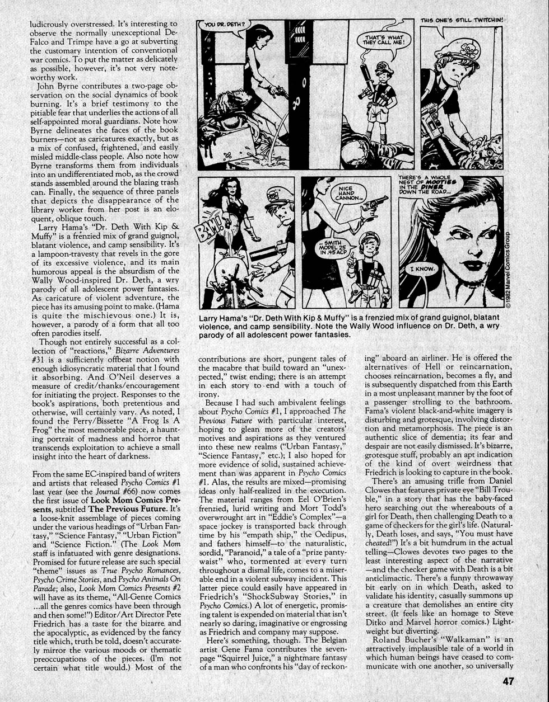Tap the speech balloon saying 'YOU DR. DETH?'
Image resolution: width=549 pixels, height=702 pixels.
click(x=224, y=25)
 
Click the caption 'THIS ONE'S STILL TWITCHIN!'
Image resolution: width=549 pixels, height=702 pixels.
click(x=462, y=20)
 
